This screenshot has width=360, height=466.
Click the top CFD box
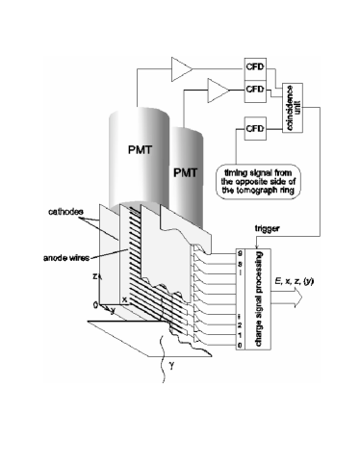pos(255,67)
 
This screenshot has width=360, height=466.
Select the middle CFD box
pos(255,90)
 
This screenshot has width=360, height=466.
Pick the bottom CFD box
pos(255,127)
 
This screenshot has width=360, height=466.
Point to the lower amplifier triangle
pos(218,90)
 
